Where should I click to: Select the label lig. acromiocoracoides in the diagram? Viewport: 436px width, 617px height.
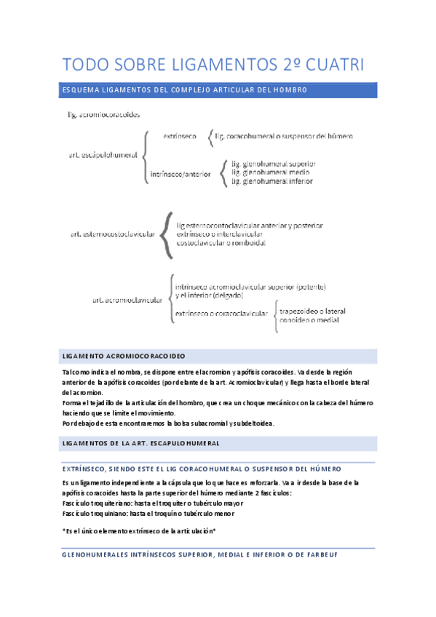[104, 114]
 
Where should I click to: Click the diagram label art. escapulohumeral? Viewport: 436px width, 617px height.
[103, 154]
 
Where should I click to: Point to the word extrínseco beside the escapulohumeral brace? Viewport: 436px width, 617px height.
[179, 136]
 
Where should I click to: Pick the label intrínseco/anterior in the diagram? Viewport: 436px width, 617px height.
[180, 174]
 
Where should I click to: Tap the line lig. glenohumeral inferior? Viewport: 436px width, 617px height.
[272, 181]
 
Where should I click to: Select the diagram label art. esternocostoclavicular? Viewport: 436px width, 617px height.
[113, 234]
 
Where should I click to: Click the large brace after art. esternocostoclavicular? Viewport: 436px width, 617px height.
[169, 234]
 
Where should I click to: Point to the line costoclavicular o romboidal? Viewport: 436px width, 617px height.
[221, 243]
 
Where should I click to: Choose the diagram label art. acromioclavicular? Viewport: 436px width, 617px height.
[127, 300]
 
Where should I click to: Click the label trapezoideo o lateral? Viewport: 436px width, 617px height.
[312, 311]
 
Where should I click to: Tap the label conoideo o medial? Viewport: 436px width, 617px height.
[308, 320]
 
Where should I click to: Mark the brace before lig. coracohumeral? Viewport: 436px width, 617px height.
[211, 136]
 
